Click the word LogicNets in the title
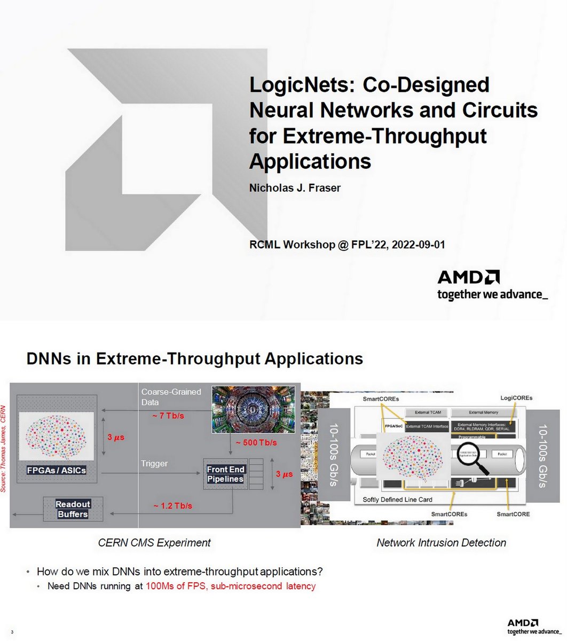click(299, 85)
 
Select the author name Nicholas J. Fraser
click(294, 187)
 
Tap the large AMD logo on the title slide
click(468, 277)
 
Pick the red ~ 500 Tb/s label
click(255, 443)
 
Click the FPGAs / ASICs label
click(57, 471)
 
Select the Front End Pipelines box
click(226, 474)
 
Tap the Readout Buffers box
click(73, 509)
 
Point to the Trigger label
click(154, 464)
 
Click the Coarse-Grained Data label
click(171, 397)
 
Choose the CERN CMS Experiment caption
click(154, 543)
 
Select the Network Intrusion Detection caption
click(441, 543)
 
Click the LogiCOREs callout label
click(516, 398)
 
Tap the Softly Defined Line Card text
click(397, 499)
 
